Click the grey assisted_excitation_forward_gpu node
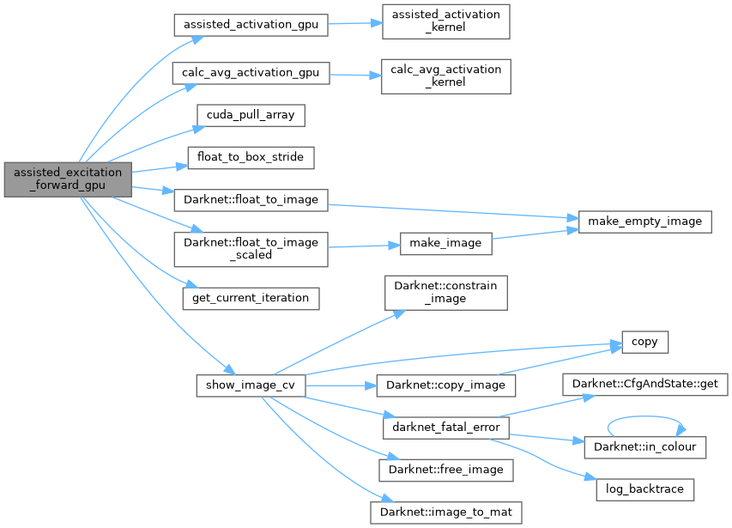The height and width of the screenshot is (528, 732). [68, 179]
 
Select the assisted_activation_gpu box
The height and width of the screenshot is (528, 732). [251, 25]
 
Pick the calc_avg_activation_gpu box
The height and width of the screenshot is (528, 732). [251, 73]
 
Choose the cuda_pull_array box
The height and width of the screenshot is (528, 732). [239, 115]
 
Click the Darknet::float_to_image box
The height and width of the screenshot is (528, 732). [251, 200]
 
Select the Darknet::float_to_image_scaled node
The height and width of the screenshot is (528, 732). [251, 248]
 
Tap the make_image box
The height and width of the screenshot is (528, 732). [446, 243]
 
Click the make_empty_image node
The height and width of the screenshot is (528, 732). [644, 222]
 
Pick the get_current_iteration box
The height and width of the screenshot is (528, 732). [251, 298]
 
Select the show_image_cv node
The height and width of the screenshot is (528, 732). [251, 385]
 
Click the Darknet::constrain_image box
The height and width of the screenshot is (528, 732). [445, 292]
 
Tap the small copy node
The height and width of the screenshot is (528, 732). [644, 342]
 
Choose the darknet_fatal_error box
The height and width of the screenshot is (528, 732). [445, 427]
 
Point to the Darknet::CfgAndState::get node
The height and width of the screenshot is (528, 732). [644, 385]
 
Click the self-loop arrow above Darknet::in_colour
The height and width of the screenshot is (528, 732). [644, 422]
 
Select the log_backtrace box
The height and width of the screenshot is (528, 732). [644, 489]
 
